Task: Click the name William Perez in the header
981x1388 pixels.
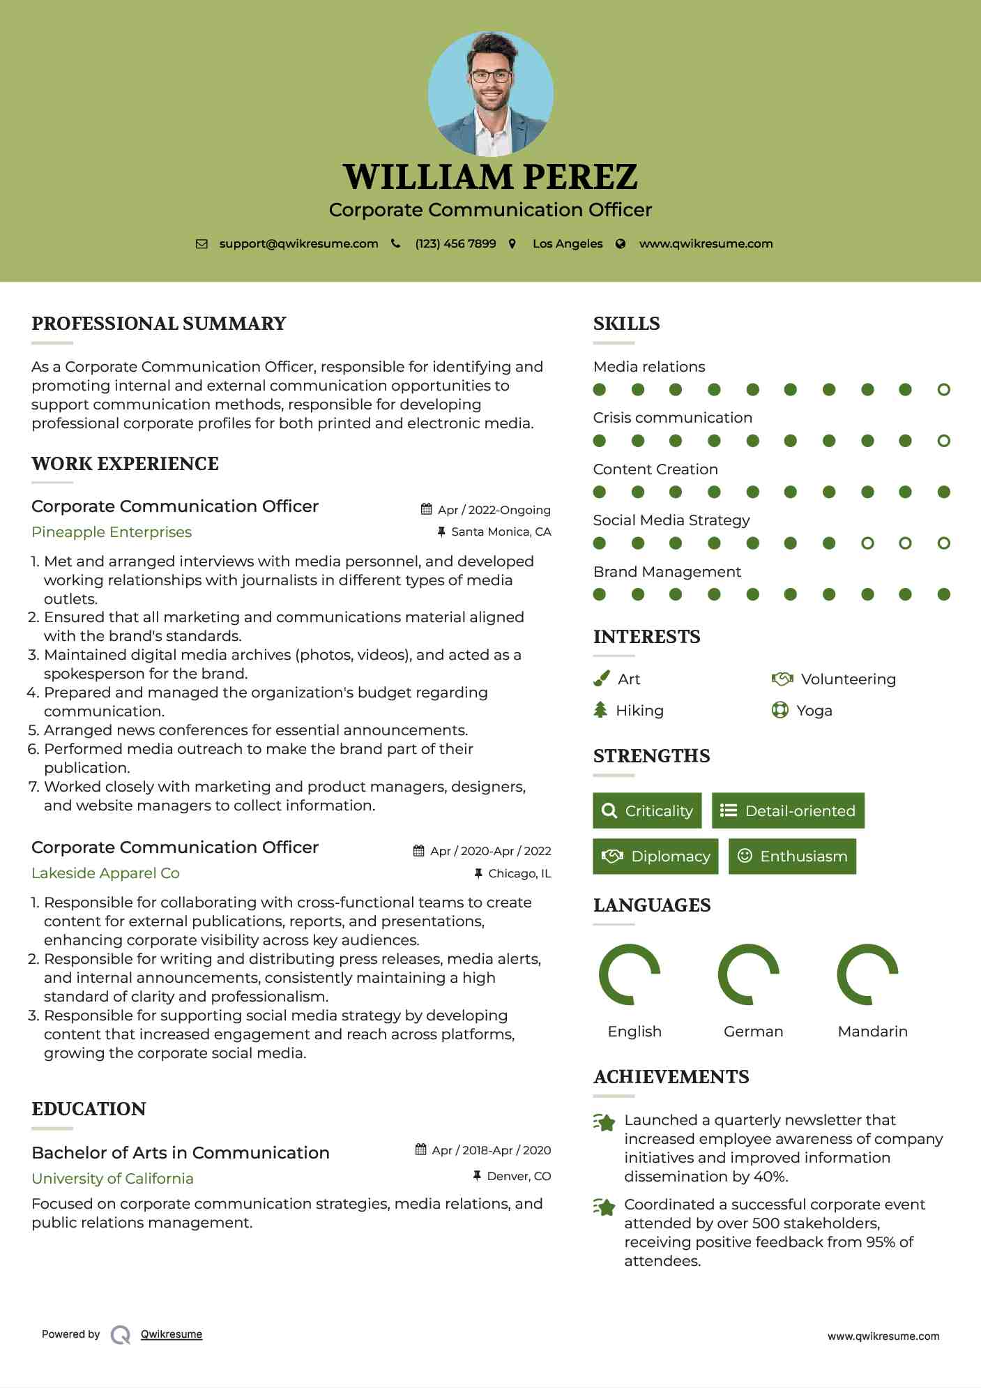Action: (490, 177)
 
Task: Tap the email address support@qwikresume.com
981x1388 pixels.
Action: (298, 244)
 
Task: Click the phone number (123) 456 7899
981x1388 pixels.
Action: (455, 244)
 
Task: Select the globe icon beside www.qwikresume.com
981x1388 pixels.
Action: (621, 244)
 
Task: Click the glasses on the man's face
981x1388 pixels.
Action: (491, 75)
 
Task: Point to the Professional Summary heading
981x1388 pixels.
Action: (159, 324)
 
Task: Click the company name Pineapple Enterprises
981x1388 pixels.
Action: (112, 532)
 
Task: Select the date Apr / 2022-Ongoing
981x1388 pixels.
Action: (494, 510)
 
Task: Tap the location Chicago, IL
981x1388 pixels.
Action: (519, 873)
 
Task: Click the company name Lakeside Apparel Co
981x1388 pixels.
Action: (105, 873)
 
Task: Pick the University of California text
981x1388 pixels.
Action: (112, 1179)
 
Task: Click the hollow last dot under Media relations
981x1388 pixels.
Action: (943, 390)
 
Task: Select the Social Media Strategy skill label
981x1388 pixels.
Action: (671, 520)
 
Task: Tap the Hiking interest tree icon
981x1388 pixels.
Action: (600, 710)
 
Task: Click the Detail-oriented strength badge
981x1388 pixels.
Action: (788, 810)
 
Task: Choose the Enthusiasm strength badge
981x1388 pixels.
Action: (792, 857)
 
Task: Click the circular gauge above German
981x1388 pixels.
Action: (749, 974)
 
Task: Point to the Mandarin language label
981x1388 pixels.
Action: (872, 1032)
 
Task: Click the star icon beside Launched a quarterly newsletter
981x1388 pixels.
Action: (604, 1122)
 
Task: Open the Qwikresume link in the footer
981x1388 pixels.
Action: (172, 1334)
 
